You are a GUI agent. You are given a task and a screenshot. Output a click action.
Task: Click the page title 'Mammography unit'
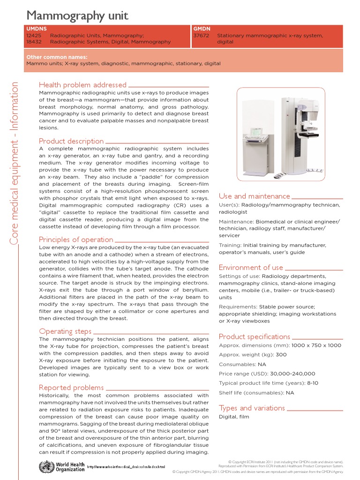click(x=77, y=16)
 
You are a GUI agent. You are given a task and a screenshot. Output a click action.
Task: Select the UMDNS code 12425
click(x=34, y=36)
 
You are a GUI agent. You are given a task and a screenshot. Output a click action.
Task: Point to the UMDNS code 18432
click(x=34, y=42)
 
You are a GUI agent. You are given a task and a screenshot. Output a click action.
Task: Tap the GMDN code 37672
click(x=201, y=36)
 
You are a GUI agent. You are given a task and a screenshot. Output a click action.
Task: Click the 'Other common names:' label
click(x=57, y=57)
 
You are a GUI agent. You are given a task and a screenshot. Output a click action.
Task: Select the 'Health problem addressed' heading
click(x=82, y=85)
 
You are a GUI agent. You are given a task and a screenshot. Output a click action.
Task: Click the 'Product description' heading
click(x=71, y=141)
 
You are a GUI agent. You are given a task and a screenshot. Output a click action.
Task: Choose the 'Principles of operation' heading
click(x=76, y=240)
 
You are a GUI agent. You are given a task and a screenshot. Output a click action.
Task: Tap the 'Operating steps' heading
click(x=65, y=331)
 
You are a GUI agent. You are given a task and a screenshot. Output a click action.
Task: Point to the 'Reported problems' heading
click(x=71, y=388)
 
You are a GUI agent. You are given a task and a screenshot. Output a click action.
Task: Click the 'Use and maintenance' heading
click(x=255, y=196)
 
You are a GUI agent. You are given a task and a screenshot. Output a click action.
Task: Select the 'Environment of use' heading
click(x=251, y=268)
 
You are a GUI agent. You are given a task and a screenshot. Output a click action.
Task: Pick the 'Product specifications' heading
click(x=255, y=337)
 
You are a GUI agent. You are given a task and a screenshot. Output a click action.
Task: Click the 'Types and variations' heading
click(x=252, y=408)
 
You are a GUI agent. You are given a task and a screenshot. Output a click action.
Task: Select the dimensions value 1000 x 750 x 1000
click(x=316, y=345)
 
